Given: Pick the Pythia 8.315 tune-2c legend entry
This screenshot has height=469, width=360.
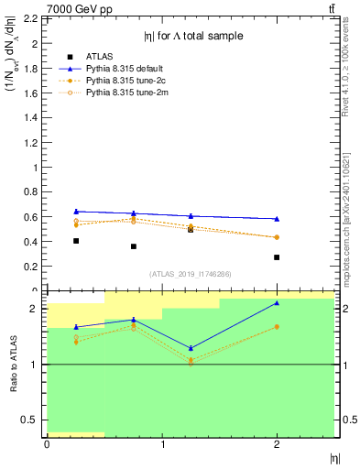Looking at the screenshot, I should [x=125, y=81].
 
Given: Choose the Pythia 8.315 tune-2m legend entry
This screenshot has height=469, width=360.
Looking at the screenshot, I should [x=125, y=93].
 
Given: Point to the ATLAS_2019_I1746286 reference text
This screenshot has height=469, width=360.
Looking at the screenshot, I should [x=189, y=274].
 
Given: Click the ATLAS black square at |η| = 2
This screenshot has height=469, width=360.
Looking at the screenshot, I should [x=277, y=257].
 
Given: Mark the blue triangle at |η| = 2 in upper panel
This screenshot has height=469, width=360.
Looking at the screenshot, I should [x=277, y=218].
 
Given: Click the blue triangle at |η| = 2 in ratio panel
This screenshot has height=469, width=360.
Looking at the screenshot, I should [x=277, y=303].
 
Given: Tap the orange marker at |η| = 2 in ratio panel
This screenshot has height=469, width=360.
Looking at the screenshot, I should [x=277, y=326].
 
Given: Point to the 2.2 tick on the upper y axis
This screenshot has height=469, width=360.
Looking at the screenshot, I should [x=32, y=18].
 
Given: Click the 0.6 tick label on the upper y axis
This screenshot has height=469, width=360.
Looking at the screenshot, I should [x=32, y=217].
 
